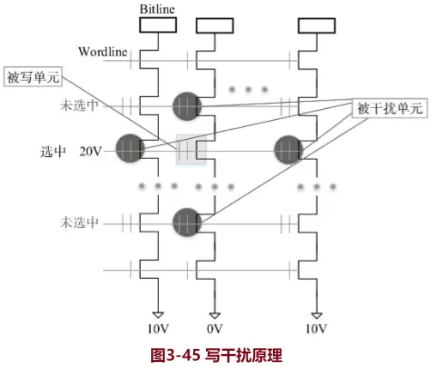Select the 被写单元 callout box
pyautogui.click(x=33, y=75)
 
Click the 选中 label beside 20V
pyautogui.click(x=54, y=151)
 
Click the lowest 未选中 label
pyautogui.click(x=78, y=223)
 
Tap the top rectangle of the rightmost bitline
pyautogui.click(x=316, y=26)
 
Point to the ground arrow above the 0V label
pyautogui.click(x=215, y=314)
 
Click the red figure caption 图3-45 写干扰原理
pyautogui.click(x=216, y=352)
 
